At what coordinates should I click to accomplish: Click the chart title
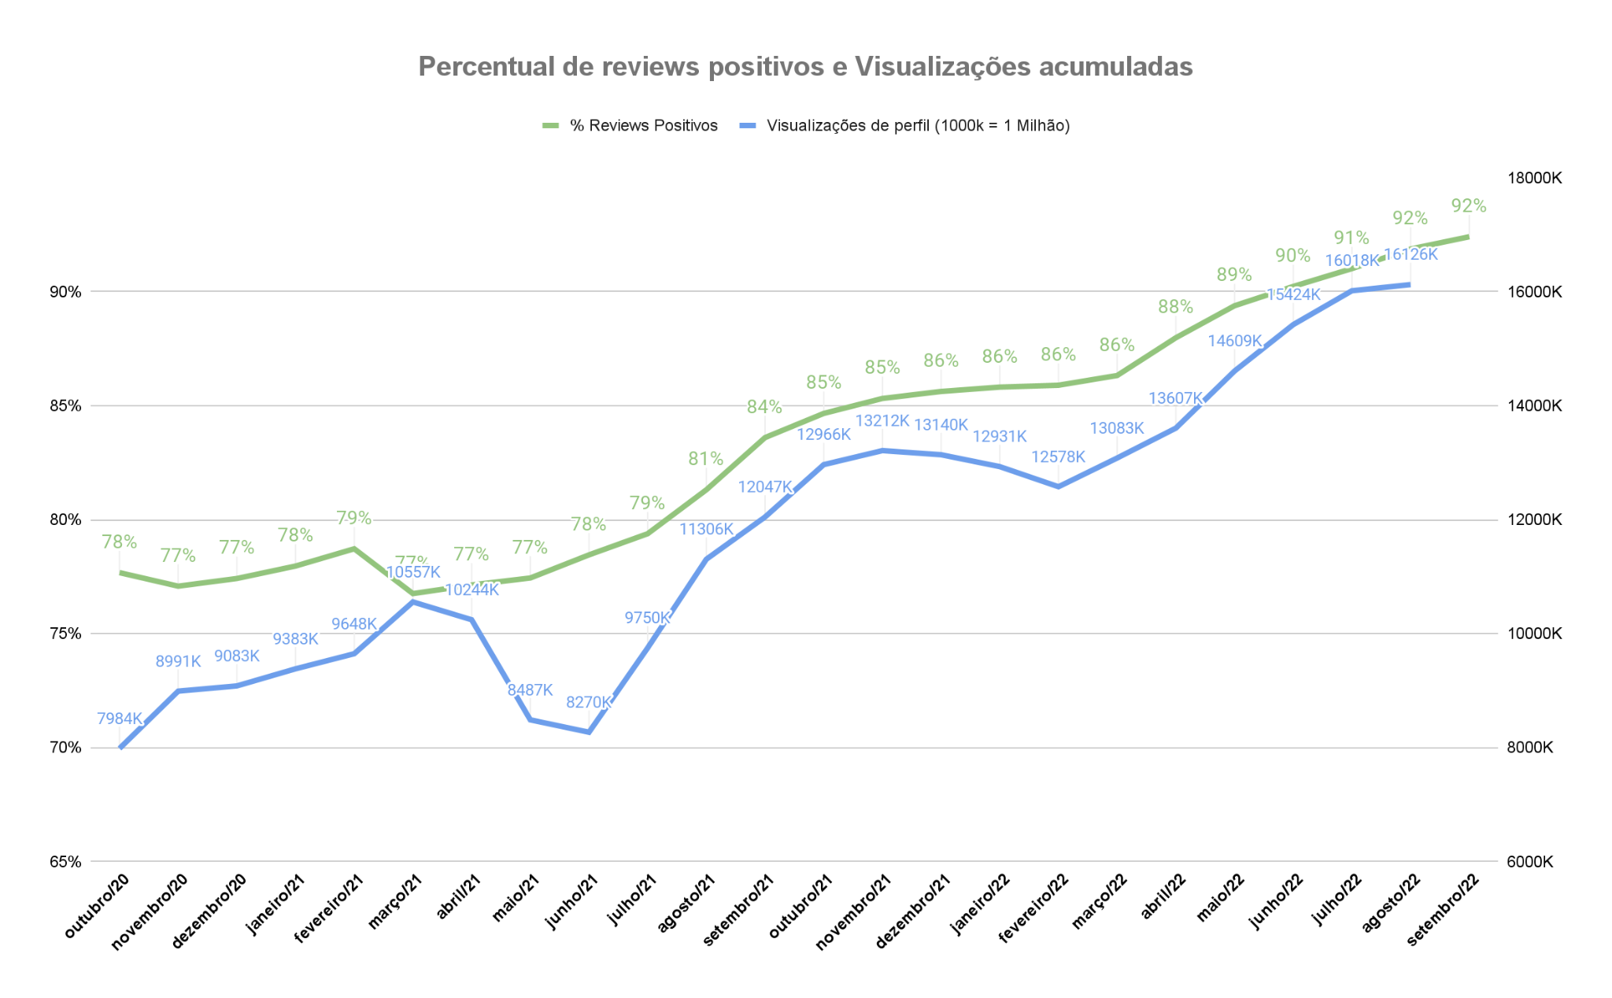[x=805, y=67]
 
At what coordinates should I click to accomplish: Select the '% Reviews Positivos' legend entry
[x=643, y=126]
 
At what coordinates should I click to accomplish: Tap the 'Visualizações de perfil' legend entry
[x=918, y=126]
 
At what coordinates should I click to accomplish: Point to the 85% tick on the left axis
[x=65, y=406]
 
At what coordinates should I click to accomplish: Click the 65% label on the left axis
[x=65, y=862]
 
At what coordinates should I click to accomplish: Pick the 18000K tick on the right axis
[x=1533, y=178]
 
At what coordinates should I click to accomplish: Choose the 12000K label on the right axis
[x=1533, y=520]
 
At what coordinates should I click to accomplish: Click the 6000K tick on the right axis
[x=1530, y=862]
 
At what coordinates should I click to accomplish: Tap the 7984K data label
[x=120, y=719]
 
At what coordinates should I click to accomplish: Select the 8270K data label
[x=589, y=702]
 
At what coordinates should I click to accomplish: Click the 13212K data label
[x=882, y=421]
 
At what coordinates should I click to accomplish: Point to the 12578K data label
[x=1058, y=457]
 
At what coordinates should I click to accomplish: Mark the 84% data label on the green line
[x=764, y=407]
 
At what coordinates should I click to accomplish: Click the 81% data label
[x=705, y=459]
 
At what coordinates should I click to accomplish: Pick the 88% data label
[x=1175, y=307]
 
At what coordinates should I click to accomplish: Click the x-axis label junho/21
[x=572, y=901]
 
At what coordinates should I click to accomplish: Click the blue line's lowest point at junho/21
[x=589, y=732]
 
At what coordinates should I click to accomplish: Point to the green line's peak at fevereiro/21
[x=354, y=549]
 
